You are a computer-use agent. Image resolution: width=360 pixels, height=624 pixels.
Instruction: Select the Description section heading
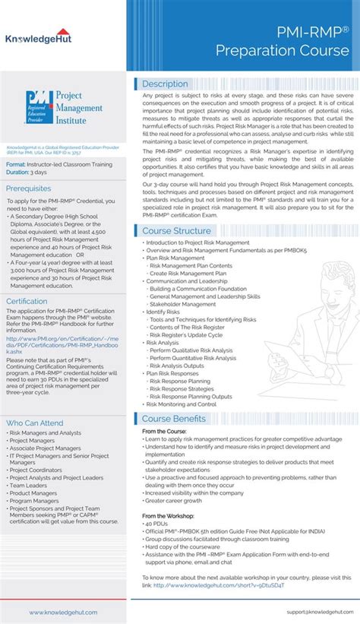[165, 84]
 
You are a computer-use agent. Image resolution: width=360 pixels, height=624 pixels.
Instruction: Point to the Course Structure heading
[176, 209]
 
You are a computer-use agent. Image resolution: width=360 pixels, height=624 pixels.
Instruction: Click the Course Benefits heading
[173, 419]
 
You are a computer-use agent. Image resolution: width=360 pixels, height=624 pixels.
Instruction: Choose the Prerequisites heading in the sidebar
[28, 188]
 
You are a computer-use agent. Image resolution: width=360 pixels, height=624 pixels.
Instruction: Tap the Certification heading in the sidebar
[27, 301]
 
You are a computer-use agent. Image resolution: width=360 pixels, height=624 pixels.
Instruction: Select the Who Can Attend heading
[35, 423]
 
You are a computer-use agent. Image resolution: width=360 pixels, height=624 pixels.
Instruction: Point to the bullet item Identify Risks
[163, 312]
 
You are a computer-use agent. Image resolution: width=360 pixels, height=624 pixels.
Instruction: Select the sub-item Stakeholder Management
[183, 304]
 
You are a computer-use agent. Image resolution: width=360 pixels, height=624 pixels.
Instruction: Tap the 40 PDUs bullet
[159, 524]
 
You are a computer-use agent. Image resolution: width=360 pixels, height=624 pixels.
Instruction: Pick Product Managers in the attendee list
[33, 493]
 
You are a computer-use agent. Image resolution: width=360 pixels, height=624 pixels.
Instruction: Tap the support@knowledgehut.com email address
[318, 612]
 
